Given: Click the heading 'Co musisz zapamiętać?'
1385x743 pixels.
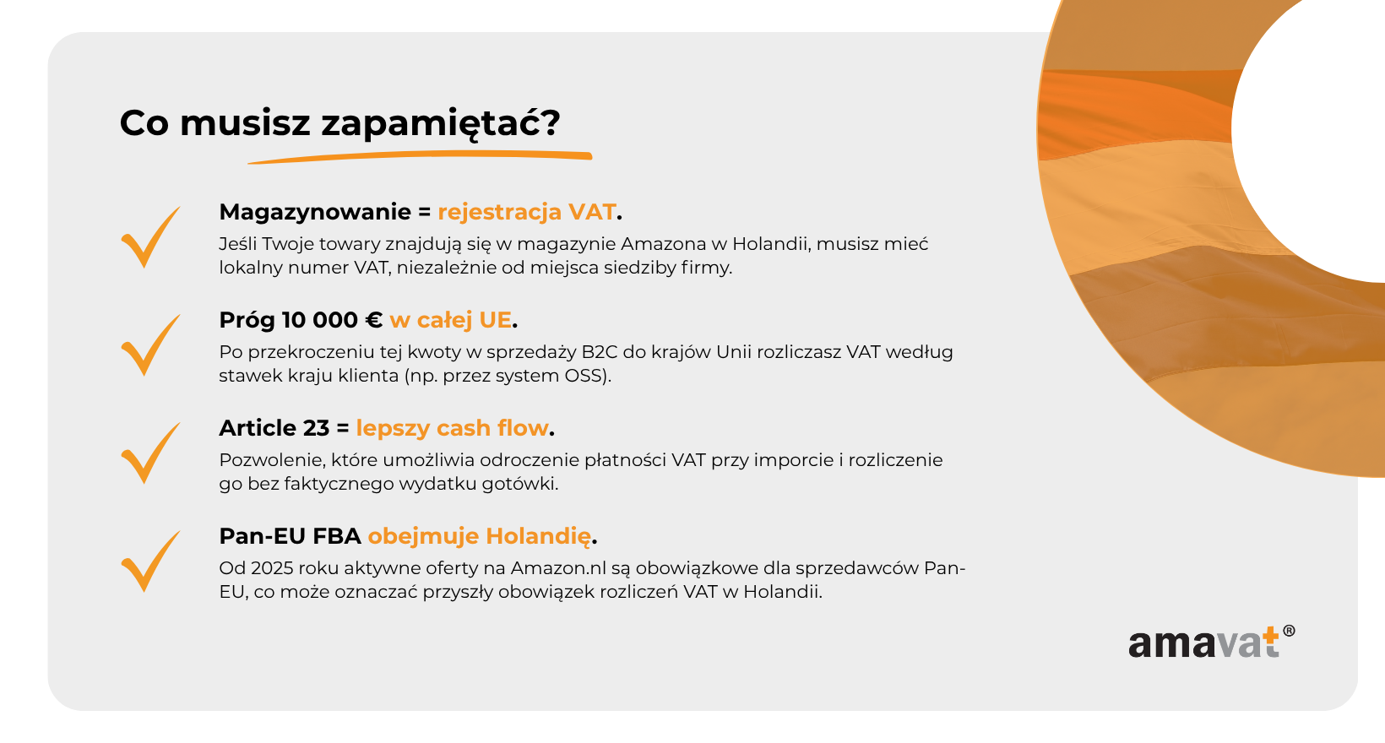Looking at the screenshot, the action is (x=339, y=123).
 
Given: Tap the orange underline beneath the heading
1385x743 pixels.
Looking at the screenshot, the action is (x=421, y=157).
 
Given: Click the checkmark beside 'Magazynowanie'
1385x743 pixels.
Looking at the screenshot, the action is (x=150, y=236).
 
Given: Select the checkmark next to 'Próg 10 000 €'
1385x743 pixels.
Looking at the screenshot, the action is (x=150, y=345).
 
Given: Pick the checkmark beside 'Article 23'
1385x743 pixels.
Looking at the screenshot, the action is (x=150, y=453).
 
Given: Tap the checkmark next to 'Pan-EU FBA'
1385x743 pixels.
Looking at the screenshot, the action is (x=150, y=561).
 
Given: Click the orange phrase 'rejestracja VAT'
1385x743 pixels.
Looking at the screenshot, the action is (x=527, y=213).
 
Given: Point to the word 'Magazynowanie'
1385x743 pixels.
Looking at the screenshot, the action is (x=315, y=213).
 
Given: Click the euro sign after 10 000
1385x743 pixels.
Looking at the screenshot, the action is (x=373, y=320).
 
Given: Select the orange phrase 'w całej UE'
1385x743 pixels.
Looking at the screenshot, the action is (x=450, y=320).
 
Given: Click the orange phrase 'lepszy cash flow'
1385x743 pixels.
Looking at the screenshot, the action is (x=452, y=428).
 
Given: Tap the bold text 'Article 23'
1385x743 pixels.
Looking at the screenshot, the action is (x=274, y=428).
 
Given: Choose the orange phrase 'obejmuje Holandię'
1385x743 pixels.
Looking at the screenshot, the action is (x=479, y=536).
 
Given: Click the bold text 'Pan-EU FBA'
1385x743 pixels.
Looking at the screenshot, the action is (x=290, y=536).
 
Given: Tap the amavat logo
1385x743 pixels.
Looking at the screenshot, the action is (x=1211, y=643).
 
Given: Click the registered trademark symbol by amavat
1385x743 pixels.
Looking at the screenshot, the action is (x=1289, y=631).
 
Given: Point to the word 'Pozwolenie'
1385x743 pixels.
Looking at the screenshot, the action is (x=269, y=460).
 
